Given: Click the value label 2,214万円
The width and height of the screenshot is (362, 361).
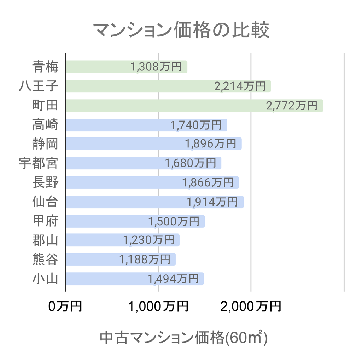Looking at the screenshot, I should coord(239,86).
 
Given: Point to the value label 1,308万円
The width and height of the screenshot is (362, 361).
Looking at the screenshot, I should coord(156,67).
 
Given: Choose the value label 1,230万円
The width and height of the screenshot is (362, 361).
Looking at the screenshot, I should coord(148,240).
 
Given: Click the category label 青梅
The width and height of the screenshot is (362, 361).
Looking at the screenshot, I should coord(45,67).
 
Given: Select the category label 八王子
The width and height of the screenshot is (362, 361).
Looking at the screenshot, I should coord(38,86).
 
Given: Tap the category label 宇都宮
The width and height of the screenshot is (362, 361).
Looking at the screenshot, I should coord(38,163).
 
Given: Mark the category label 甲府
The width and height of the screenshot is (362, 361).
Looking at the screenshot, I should coord(45,221).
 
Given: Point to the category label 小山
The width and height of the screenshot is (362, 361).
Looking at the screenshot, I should coord(45,279).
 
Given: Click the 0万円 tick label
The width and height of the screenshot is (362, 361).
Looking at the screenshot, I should coord(65,306).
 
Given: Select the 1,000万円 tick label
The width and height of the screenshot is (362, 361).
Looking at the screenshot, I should coord(158,306).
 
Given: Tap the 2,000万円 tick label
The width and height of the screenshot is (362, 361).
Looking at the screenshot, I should coord(251,306).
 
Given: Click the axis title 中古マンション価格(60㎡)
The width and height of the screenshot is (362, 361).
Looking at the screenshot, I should coord(183,338).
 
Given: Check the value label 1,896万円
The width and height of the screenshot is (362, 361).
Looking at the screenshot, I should coord(210,144).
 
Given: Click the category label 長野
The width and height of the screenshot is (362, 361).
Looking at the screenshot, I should coord(45,182).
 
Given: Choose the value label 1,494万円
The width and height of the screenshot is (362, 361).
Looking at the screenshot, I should coord(173,279).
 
